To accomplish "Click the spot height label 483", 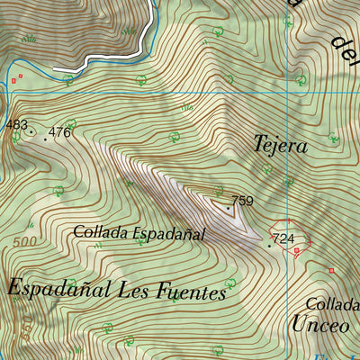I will pyautogui.click(x=16, y=124).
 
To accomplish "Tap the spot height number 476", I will pyautogui.click(x=59, y=132).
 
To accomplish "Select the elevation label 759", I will pyautogui.click(x=243, y=201).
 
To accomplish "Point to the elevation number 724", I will pyautogui.click(x=283, y=238).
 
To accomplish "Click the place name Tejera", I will pyautogui.click(x=281, y=145).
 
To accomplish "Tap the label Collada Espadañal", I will pyautogui.click(x=139, y=233).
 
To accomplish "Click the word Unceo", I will pyautogui.click(x=319, y=325).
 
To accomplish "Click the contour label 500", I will pyautogui.click(x=26, y=244).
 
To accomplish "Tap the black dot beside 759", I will pyautogui.click(x=229, y=209).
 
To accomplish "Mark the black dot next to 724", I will pyautogui.click(x=269, y=245).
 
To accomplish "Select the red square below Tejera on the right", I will pyautogui.click(x=331, y=270).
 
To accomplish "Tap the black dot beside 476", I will pyautogui.click(x=45, y=139).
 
